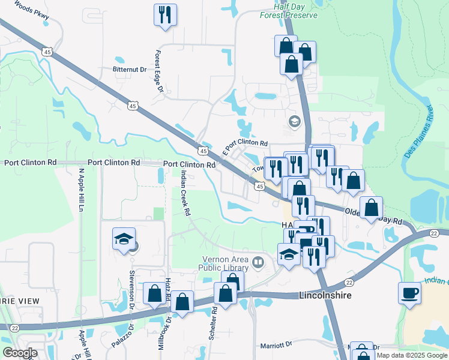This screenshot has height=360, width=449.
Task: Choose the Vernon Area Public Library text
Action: click(x=225, y=263)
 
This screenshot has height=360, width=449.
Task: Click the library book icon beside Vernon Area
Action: click(x=258, y=262)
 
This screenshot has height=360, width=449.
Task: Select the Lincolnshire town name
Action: click(x=325, y=296)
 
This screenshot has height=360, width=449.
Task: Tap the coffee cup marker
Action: click(x=410, y=293)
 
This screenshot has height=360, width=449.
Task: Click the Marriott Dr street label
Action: click(x=276, y=345)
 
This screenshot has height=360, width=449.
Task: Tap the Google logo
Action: click(x=20, y=353)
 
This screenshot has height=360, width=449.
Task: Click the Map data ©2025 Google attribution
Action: click(x=412, y=355)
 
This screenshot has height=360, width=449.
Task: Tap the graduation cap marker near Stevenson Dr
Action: click(x=124, y=239)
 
